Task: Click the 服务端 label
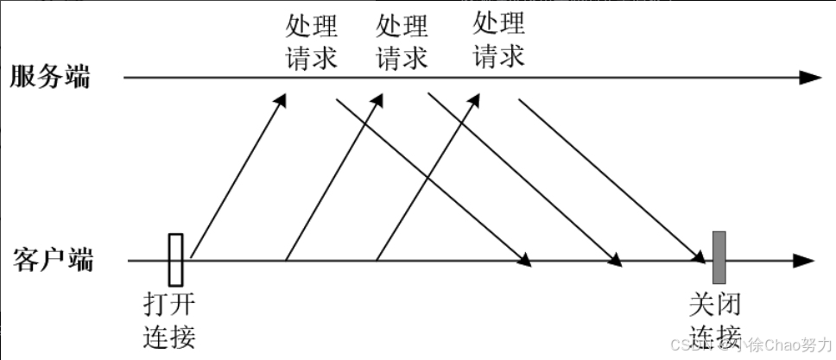(50, 77)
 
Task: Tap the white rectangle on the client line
(176, 259)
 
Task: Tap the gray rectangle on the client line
(719, 256)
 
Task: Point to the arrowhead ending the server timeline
(810, 77)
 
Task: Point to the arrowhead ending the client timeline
(805, 260)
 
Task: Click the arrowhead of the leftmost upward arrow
(280, 100)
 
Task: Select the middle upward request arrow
(332, 177)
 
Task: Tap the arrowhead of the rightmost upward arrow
(472, 100)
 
